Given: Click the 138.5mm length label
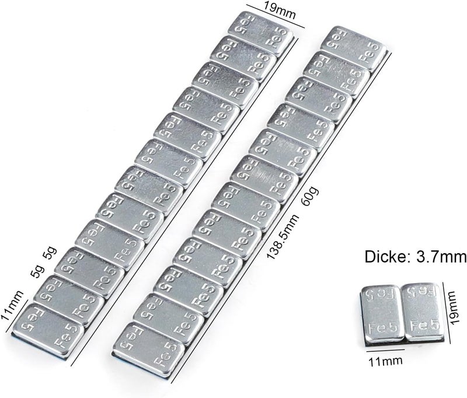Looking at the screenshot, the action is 283,237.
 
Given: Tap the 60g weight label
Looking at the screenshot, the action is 310,196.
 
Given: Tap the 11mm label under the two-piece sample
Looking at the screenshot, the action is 386,361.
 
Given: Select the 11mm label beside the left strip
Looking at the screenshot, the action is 12,305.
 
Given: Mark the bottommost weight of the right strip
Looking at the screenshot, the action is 149,348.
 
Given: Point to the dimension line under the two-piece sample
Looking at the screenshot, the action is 385,350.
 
